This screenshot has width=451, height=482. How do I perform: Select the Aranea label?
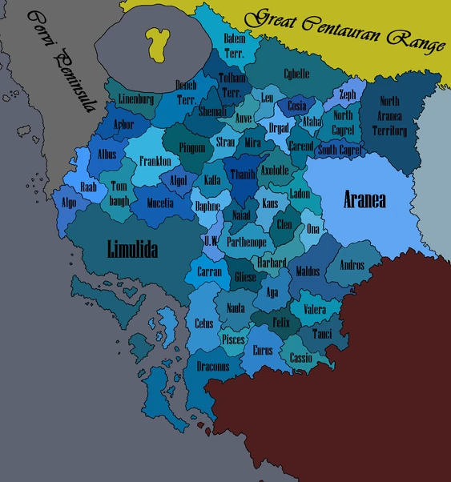tap(364, 199)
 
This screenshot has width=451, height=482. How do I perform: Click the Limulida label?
tap(132, 250)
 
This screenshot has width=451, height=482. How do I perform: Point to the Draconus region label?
tap(213, 366)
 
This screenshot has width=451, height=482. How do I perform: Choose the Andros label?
tap(352, 266)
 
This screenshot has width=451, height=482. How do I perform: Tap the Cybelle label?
tap(296, 74)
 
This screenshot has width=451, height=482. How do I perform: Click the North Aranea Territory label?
tap(389, 116)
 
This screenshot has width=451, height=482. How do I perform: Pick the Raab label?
tap(88, 185)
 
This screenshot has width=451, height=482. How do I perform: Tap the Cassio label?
tap(300, 358)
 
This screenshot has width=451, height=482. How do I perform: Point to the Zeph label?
tap(347, 94)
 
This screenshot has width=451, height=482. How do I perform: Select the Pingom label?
tap(191, 148)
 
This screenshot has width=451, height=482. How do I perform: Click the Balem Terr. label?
tap(234, 43)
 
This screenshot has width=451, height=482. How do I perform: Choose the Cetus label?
tap(203, 323)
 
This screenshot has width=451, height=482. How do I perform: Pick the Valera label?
tap(313, 309)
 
